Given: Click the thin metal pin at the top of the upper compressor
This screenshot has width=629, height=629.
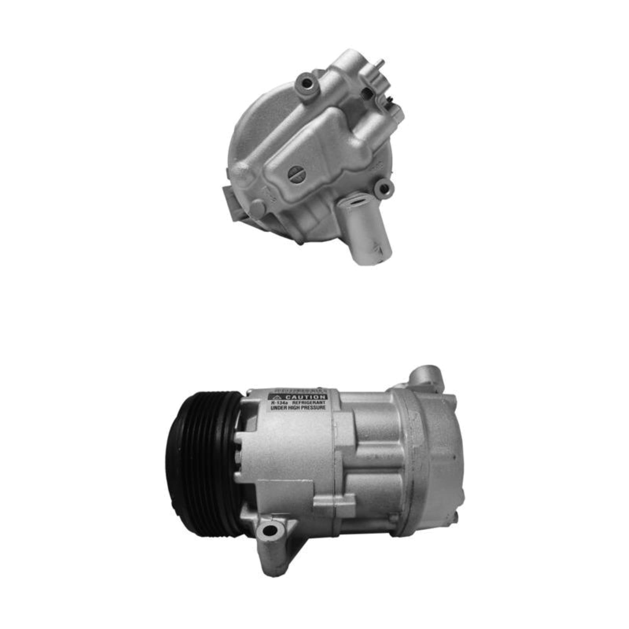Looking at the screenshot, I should [381, 63].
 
